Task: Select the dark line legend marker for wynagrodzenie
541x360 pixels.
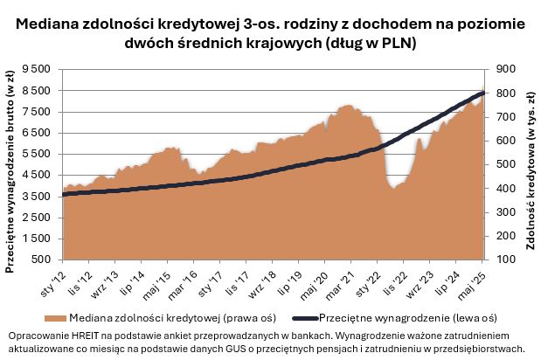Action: (x=302, y=318)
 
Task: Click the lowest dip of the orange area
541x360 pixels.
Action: (x=396, y=186)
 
